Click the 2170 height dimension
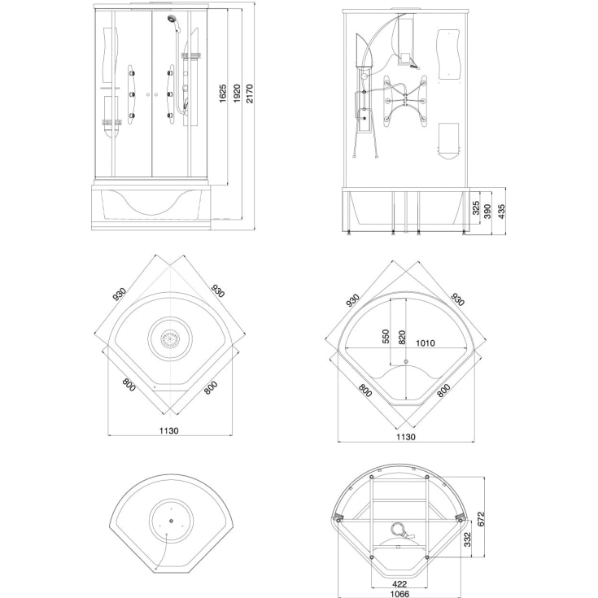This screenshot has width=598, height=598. coord(250,94)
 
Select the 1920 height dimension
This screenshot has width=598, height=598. coord(237,94)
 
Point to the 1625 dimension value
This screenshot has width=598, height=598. coord(223,94)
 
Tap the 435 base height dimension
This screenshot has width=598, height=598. coord(501,212)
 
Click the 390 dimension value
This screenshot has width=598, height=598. coord(488,212)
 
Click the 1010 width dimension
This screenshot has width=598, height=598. coord(425,343)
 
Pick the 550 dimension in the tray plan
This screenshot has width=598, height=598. coord(386,337)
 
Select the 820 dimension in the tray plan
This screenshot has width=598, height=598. coord(403,338)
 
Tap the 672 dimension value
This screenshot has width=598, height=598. coord(481,519)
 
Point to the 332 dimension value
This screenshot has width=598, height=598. coord(468,539)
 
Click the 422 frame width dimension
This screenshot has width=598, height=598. coord(399,584)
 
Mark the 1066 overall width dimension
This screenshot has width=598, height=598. coord(400,594)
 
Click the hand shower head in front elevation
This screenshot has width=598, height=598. coord(172,18)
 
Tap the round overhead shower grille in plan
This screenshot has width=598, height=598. coord(170,338)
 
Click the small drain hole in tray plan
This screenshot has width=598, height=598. coord(406,361)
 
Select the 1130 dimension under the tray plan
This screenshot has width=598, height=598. coord(406,437)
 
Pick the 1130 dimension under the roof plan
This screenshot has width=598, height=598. coord(169,430)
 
